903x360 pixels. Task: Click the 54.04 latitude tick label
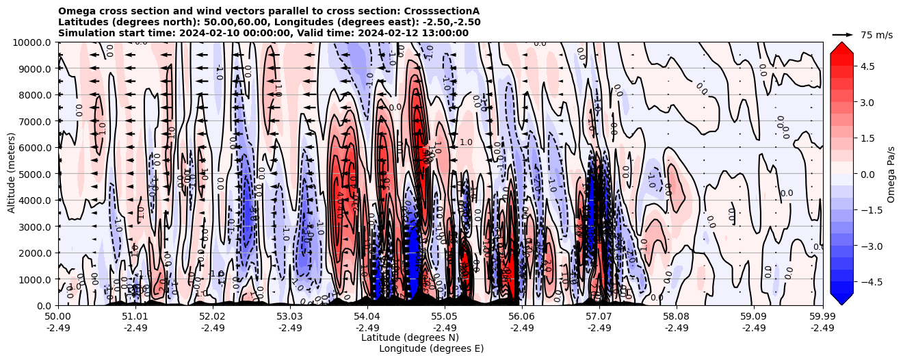(367, 317)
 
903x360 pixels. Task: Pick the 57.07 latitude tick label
(599, 317)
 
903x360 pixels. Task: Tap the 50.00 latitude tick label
(58, 317)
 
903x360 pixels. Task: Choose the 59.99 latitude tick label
(822, 317)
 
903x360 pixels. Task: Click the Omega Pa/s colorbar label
(891, 174)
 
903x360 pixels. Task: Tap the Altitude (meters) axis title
(12, 174)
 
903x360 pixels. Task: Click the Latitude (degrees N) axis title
(410, 337)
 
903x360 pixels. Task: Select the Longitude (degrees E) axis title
(431, 348)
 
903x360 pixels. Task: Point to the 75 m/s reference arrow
(843, 34)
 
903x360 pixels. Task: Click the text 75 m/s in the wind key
(876, 35)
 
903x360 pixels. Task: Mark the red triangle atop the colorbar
(841, 47)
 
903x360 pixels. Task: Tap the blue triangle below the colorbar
(841, 299)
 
